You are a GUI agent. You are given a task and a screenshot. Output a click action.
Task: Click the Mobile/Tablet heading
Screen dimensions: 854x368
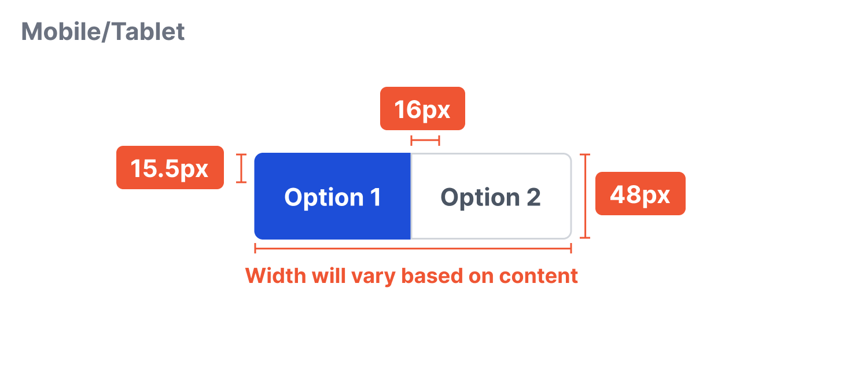click(103, 31)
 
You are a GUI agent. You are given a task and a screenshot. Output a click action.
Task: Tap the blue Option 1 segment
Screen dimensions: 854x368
click(333, 196)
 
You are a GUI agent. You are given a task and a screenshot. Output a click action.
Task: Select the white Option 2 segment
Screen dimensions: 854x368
click(491, 196)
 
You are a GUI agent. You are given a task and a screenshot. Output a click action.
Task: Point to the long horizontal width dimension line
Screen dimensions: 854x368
click(413, 248)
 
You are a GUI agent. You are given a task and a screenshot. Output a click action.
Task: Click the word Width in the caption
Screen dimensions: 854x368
click(276, 275)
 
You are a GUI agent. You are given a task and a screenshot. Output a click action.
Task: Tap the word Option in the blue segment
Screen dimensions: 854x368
click(315, 197)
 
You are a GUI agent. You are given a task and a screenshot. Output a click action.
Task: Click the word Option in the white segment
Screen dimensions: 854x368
click(472, 197)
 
